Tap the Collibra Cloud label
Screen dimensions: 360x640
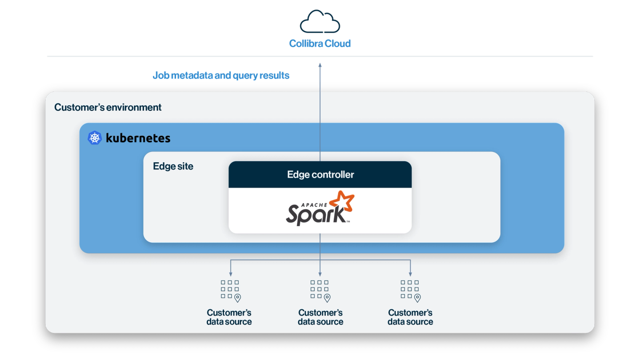320,44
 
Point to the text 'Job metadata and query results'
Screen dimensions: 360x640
221,76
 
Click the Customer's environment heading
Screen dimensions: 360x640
108,108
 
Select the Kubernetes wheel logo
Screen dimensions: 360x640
95,138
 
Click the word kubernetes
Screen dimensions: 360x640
138,138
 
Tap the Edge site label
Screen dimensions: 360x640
173,166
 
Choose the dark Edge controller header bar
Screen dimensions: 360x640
320,175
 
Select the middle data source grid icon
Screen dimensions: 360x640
320,289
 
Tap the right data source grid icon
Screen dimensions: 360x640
410,289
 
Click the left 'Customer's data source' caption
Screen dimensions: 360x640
229,317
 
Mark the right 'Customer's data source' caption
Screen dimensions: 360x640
410,317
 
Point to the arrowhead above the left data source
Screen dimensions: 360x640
230,274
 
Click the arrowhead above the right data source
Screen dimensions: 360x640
410,274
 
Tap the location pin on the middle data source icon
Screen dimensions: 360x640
327,298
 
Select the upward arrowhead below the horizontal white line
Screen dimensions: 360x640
320,65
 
